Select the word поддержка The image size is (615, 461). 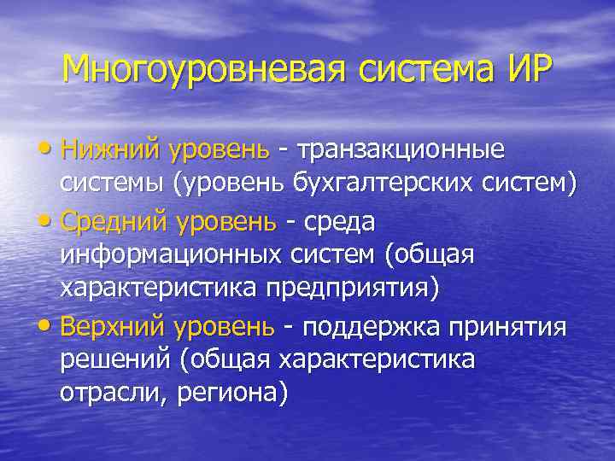pyautogui.click(x=370, y=328)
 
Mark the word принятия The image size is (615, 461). pyautogui.click(x=512, y=328)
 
